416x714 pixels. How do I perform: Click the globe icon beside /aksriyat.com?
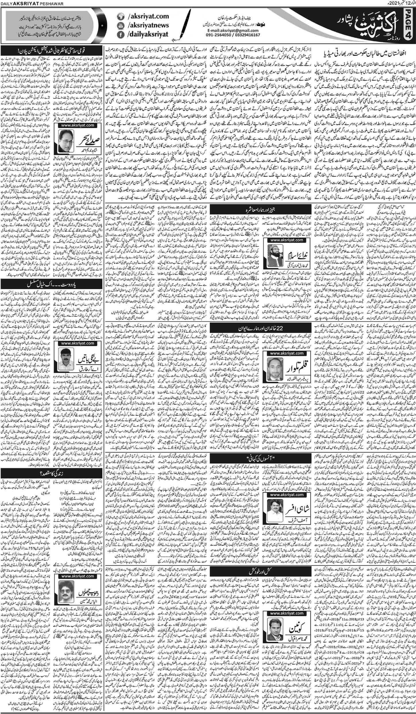(x=120, y=17)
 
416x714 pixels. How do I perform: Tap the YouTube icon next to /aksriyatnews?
(x=120, y=26)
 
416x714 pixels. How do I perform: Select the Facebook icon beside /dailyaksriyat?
(x=120, y=34)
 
